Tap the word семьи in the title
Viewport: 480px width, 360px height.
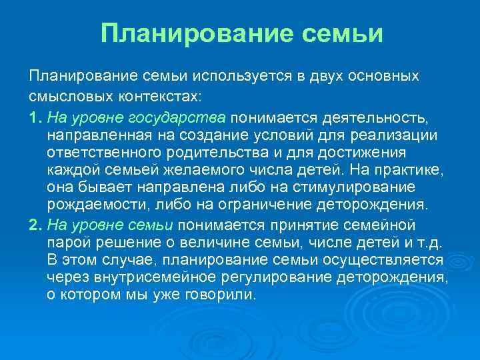click(345, 33)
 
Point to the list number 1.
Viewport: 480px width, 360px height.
click(34, 117)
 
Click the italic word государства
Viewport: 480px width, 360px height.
click(184, 117)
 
